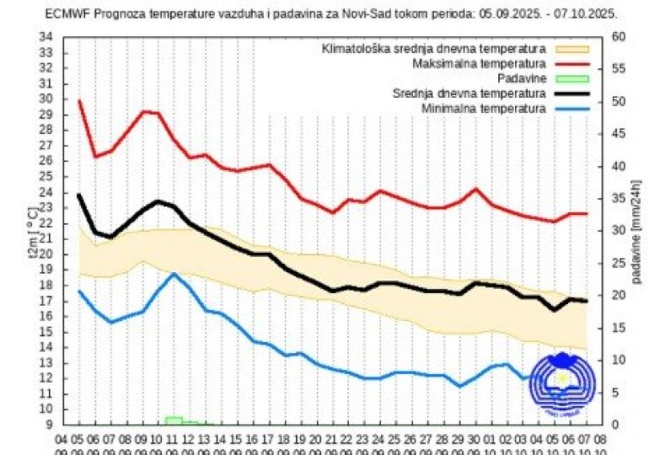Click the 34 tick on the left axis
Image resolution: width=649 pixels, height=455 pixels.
(x=46, y=37)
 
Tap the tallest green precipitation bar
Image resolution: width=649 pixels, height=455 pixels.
(x=174, y=420)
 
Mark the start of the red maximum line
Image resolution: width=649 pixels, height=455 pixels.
(x=79, y=101)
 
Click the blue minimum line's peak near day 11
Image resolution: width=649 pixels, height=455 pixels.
(x=174, y=274)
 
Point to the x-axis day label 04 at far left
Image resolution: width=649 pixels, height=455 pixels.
(x=62, y=439)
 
